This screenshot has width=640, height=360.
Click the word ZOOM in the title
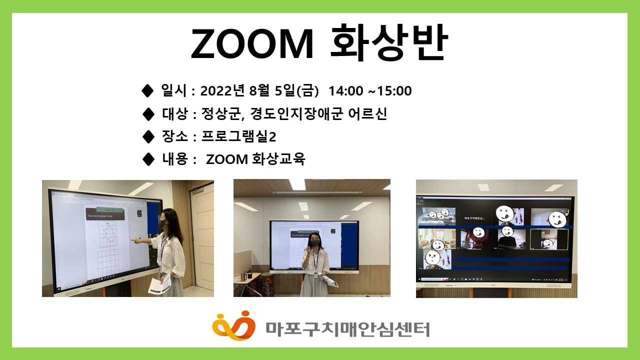[x=252, y=44]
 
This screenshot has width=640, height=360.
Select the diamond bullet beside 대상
[x=148, y=114]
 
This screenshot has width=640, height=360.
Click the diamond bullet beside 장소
[x=148, y=136]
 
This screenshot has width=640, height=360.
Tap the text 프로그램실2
[x=238, y=136]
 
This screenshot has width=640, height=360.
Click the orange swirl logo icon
[x=233, y=325]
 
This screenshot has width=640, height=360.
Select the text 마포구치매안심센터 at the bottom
[x=347, y=328]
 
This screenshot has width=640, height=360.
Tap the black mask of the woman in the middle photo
[x=315, y=242]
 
